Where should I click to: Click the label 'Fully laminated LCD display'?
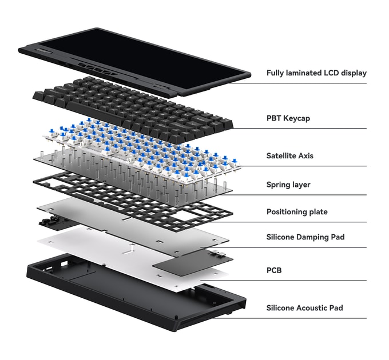click(316, 73)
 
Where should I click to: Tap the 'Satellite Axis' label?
click(289, 155)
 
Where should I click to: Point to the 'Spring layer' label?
click(288, 185)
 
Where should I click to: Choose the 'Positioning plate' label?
click(297, 212)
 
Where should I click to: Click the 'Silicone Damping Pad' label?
click(305, 237)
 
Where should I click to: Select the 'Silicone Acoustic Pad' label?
click(304, 308)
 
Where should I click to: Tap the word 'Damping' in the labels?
click(313, 237)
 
